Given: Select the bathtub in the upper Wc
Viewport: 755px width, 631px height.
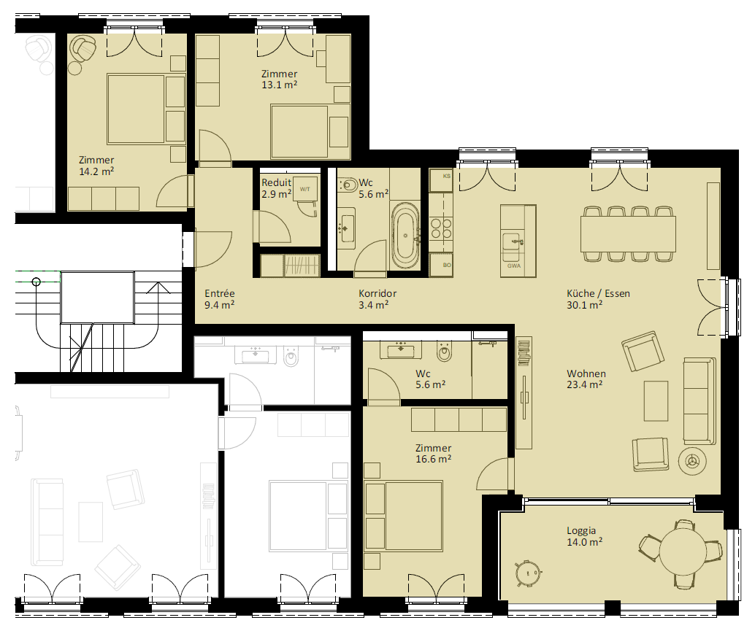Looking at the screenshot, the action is [x=406, y=235].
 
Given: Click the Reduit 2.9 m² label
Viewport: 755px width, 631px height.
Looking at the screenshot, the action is [x=277, y=188].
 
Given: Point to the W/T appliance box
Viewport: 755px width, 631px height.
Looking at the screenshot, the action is [x=304, y=190].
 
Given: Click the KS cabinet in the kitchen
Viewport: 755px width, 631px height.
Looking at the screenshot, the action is [x=441, y=180].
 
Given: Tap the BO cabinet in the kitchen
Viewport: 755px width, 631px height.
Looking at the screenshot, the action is [x=441, y=266].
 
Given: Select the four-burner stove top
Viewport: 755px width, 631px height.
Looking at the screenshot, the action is [x=441, y=228].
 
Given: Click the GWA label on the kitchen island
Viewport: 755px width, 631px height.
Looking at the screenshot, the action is [x=514, y=266].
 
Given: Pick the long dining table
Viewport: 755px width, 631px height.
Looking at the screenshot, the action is [x=629, y=234].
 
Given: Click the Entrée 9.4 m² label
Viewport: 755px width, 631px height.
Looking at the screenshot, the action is [x=220, y=298].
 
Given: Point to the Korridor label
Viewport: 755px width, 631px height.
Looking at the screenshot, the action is [x=377, y=293].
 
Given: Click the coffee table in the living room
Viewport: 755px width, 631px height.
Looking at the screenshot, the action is [x=656, y=400].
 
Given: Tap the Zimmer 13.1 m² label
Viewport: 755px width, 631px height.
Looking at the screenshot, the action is [x=279, y=80].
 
